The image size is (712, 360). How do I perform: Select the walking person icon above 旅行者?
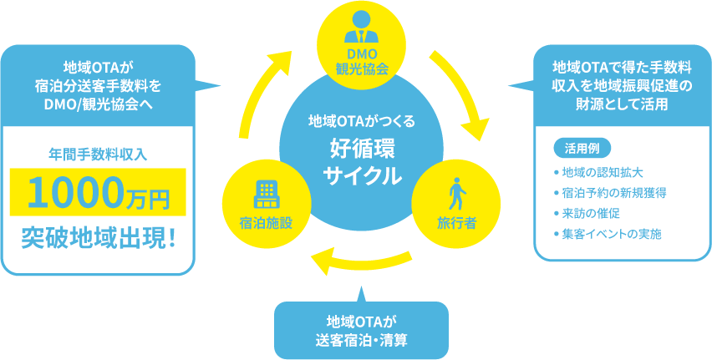coord(456,195)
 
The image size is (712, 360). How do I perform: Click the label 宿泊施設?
coord(267,221)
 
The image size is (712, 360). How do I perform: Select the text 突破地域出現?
coord(98,238)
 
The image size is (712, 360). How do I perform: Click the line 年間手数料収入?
coord(98,153)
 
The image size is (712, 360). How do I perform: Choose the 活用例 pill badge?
coord(582,149)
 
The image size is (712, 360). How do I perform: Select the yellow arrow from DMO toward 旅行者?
coord(466,94)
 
